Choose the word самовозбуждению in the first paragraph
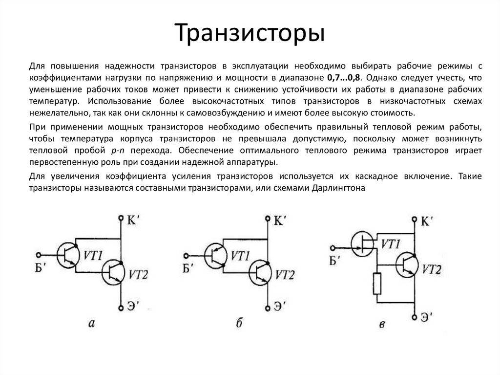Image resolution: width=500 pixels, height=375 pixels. [231, 113]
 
